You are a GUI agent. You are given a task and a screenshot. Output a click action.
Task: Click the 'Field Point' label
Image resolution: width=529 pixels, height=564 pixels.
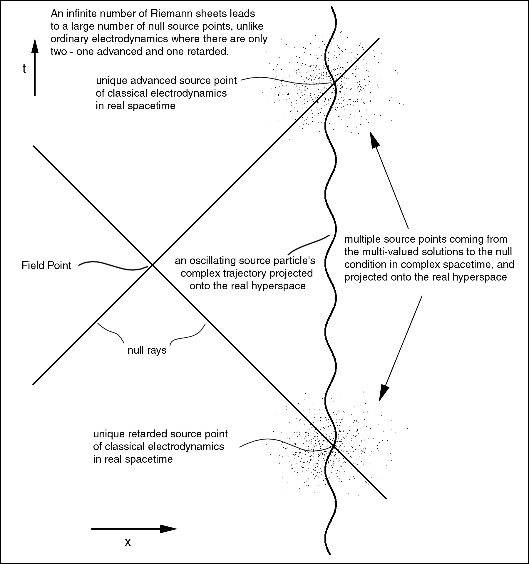tap(46, 266)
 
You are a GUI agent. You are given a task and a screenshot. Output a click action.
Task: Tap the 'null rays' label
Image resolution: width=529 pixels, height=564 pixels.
tap(147, 350)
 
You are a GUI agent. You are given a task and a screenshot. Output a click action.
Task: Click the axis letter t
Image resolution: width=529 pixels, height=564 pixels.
tap(24, 69)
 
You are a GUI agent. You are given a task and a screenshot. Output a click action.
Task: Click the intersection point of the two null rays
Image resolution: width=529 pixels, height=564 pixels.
tap(152, 265)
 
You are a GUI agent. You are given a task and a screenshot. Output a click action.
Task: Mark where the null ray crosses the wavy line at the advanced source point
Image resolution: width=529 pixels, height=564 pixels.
tap(334, 84)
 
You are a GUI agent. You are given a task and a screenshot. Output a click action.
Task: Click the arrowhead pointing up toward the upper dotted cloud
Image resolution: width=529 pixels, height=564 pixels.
tap(373, 140)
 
